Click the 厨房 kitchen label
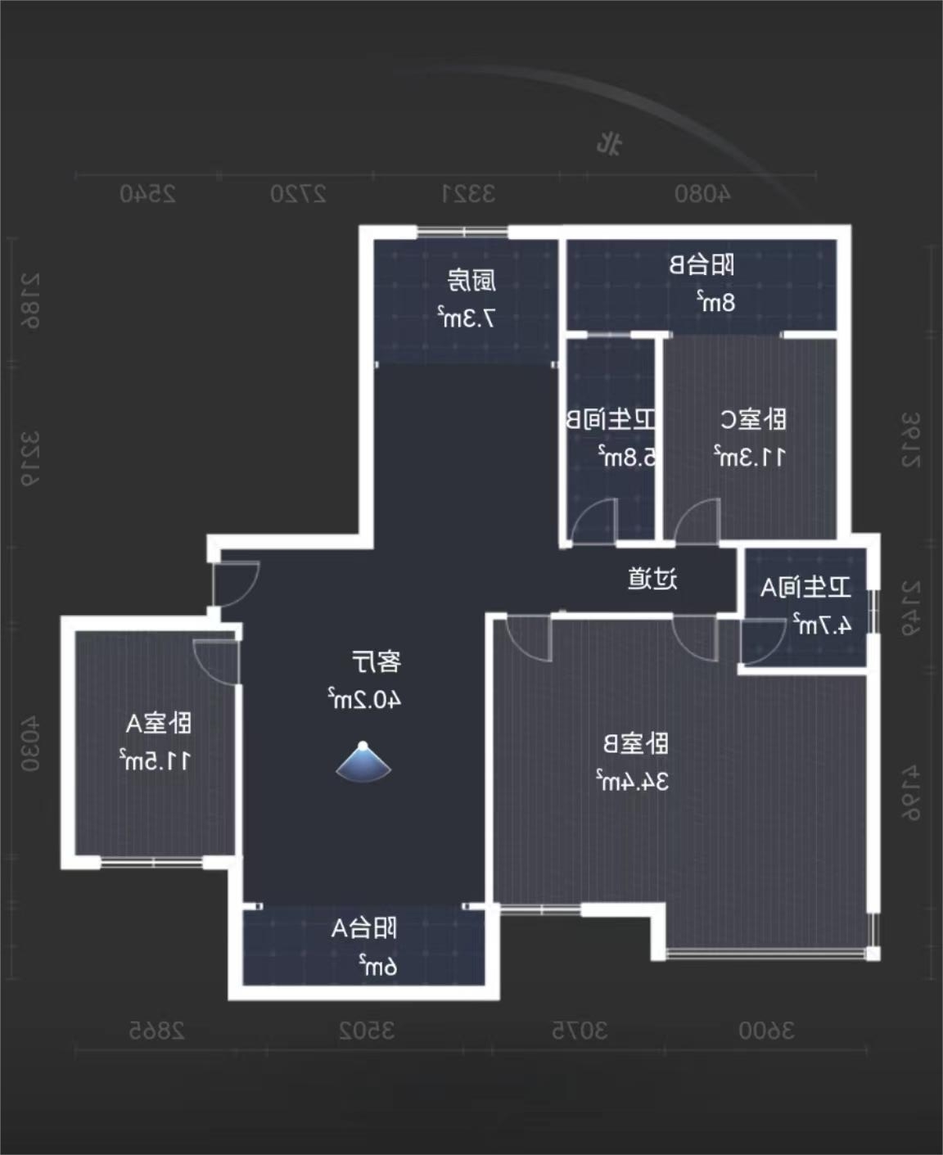(471, 281)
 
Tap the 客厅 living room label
(377, 661)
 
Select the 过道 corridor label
(652, 579)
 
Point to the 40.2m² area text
(364, 699)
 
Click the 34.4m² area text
(632, 781)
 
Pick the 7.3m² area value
(466, 318)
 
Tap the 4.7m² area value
(821, 625)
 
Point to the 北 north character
(609, 144)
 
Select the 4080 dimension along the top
(702, 194)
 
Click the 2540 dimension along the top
(148, 194)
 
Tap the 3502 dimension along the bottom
(367, 1031)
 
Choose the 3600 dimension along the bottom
(766, 1031)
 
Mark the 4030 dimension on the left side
(30, 744)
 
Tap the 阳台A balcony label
(364, 928)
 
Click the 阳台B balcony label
(702, 265)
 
